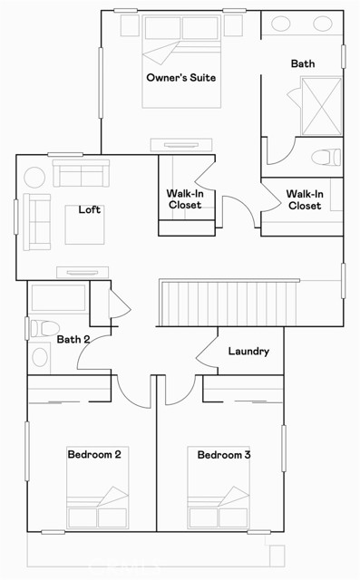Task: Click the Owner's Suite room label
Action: (x=181, y=78)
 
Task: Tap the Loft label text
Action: (x=89, y=209)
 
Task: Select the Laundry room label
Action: (x=248, y=351)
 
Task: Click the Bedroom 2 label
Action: (x=94, y=454)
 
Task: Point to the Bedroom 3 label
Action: (x=224, y=454)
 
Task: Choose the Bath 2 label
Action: (x=73, y=340)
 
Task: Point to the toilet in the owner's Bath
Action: (x=324, y=158)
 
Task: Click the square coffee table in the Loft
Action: (x=84, y=225)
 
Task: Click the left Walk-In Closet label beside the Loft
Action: (x=185, y=199)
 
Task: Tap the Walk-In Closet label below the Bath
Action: (x=304, y=199)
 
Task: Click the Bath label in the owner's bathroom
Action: (x=303, y=63)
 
